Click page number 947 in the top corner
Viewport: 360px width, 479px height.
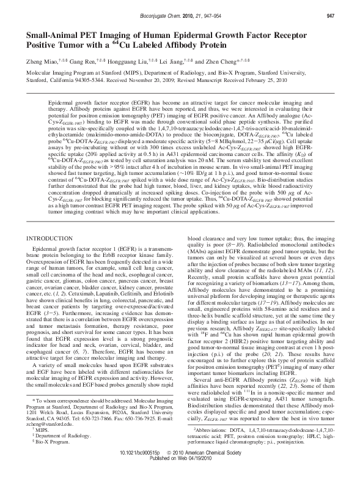(x=346, y=14)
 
